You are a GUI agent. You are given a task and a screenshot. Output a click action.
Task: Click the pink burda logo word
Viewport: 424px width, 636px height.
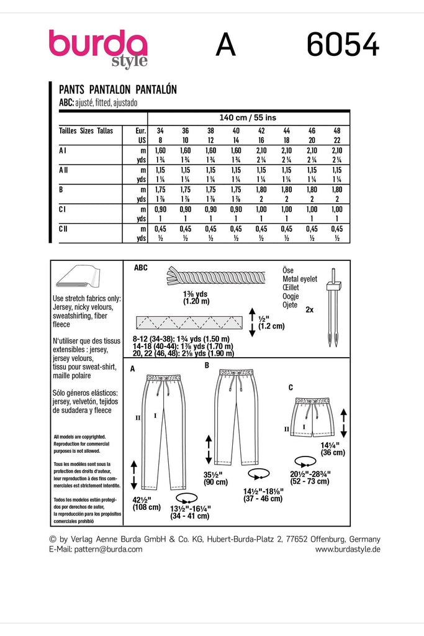click(x=98, y=45)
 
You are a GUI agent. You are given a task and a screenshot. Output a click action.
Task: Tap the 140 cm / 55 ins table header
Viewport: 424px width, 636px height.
click(x=248, y=117)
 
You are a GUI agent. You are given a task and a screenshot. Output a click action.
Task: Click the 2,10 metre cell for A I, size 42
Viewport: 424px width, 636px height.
click(x=261, y=150)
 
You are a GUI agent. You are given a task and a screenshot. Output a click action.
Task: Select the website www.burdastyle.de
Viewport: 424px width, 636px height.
click(x=348, y=550)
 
